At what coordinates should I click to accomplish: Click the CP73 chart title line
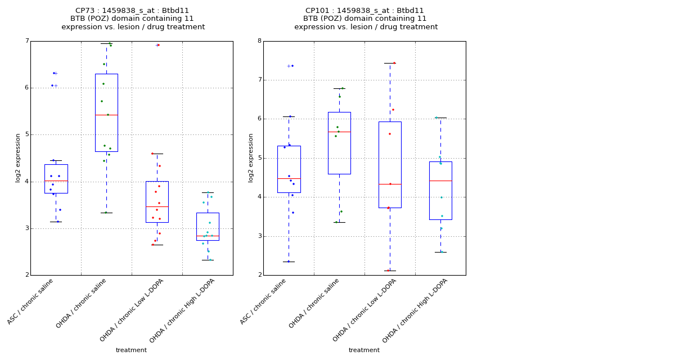click(x=133, y=11)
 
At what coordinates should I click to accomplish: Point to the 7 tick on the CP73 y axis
click(x=26, y=41)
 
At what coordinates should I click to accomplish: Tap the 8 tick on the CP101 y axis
click(x=259, y=41)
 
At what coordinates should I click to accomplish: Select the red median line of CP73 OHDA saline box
click(x=106, y=115)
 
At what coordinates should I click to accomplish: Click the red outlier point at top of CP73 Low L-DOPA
click(x=159, y=45)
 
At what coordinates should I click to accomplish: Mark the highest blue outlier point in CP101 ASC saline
click(x=292, y=66)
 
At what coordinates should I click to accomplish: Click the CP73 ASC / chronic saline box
click(x=56, y=179)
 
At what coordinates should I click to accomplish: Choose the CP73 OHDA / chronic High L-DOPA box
click(x=208, y=226)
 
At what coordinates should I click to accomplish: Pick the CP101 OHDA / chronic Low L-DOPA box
click(x=390, y=164)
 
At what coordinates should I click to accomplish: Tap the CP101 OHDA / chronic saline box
click(x=339, y=143)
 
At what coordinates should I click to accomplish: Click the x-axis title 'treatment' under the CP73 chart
click(x=131, y=350)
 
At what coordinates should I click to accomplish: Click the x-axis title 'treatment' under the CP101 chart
click(x=364, y=350)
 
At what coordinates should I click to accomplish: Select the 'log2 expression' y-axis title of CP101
click(x=251, y=157)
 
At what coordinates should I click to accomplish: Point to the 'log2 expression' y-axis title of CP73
click(x=18, y=157)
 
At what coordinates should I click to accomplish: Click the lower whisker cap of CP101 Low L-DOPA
click(x=390, y=271)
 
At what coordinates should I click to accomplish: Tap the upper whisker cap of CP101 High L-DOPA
click(x=440, y=118)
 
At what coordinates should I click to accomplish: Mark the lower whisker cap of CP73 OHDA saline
click(x=106, y=213)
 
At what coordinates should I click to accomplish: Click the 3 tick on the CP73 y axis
click(x=26, y=228)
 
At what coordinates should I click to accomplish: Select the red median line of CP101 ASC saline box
click(x=289, y=178)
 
